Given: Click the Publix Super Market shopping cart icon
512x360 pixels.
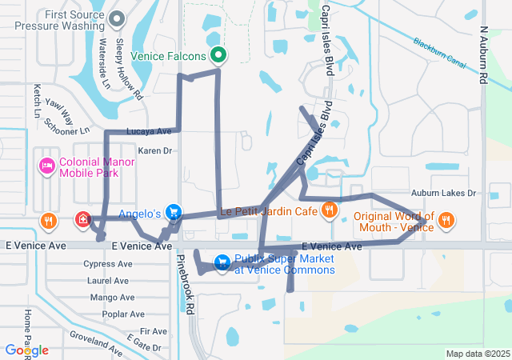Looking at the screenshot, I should pos(222,262).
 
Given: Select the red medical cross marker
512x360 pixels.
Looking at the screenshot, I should pos(82,219).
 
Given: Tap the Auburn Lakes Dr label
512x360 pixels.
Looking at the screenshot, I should pos(443,193).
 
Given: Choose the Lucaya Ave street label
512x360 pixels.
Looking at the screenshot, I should pos(149,131).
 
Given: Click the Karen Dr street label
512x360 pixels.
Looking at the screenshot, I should pos(155,150).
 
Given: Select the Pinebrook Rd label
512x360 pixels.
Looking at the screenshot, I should pos(186,283).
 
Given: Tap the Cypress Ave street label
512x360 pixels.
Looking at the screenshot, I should pos(106,263).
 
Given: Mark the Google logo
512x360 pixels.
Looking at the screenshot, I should pos(26,350).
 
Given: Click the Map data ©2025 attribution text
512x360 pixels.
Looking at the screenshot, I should pos(476,354).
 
